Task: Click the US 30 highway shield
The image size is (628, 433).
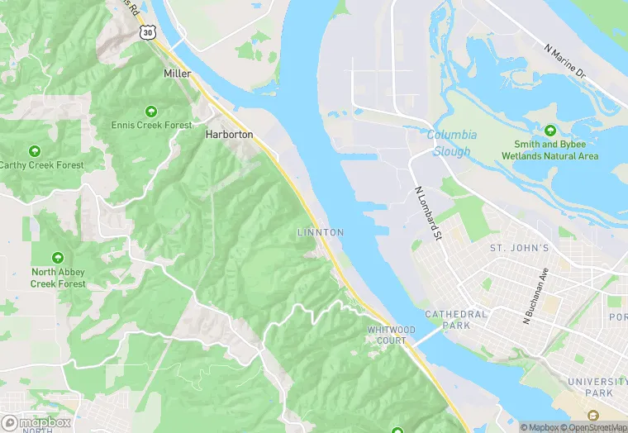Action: [146, 31]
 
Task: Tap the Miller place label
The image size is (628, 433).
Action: [177, 74]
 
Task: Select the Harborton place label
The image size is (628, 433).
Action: [229, 134]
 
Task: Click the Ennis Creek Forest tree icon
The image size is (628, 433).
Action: [151, 111]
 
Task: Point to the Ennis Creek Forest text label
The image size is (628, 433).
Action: [151, 126]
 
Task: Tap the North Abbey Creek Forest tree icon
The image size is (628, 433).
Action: [58, 259]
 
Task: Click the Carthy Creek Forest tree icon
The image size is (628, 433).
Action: [35, 151]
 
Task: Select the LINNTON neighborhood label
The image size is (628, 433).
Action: [320, 233]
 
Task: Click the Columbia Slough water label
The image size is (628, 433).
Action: [451, 143]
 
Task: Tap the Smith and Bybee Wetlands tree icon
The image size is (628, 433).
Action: [550, 131]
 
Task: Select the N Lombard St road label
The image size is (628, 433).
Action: [427, 214]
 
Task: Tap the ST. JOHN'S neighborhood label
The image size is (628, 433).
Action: [519, 248]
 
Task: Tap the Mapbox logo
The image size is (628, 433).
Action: [37, 421]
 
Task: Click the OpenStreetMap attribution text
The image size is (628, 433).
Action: [589, 427]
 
